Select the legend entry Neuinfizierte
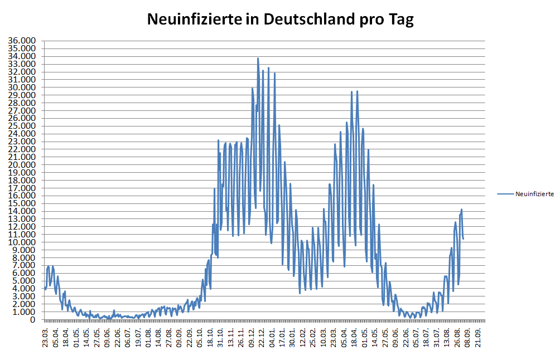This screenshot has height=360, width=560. click(534, 194)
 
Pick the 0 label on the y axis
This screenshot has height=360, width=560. click(33, 320)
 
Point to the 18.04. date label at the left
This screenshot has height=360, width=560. click(66, 336)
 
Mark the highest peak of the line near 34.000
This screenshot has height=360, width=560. click(258, 58)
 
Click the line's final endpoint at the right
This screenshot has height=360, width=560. click(464, 239)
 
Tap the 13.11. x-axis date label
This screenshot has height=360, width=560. click(231, 336)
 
